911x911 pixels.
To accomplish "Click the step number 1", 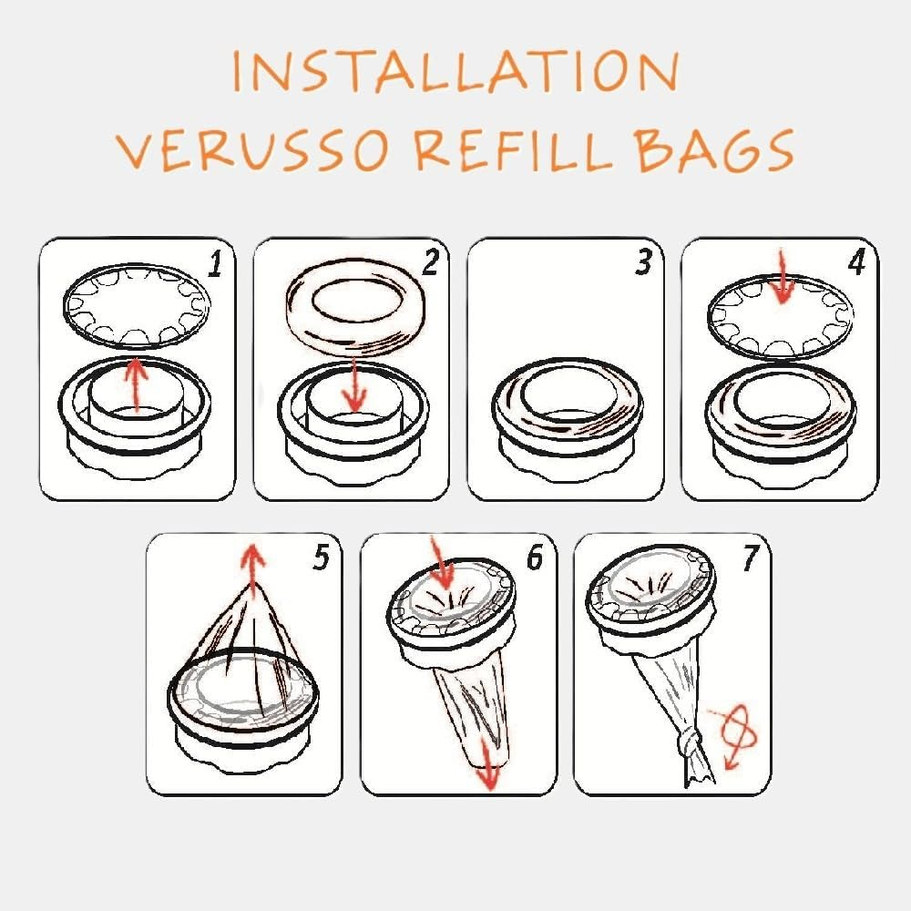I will pos(214,264).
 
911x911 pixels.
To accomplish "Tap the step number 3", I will pos(644,264).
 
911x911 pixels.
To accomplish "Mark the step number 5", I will pos(320,558).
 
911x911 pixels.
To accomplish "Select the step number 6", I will pos(534,558).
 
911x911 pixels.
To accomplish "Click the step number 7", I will pos(749,559).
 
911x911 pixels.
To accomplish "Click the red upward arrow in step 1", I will pos(136,383).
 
